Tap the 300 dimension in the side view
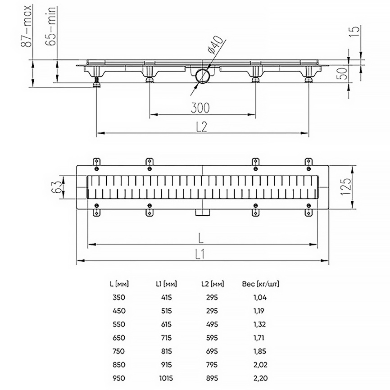[200, 108]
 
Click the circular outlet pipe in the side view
[203, 75]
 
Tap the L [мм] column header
[120, 284]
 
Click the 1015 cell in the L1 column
[166, 378]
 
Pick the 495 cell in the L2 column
[212, 324]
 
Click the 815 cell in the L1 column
[166, 351]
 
